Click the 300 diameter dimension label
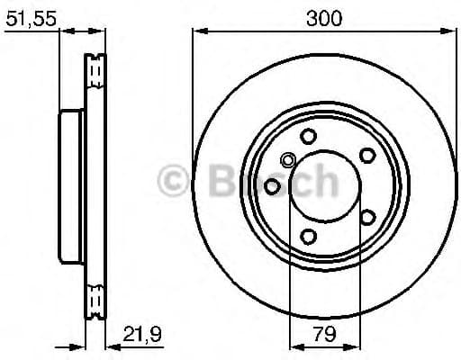coord(323,17)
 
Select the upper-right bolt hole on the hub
coord(367,155)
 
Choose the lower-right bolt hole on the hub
coord(367,217)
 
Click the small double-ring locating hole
coord(288,161)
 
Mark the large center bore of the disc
coord(323,186)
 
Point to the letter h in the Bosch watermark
coord(323,181)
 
